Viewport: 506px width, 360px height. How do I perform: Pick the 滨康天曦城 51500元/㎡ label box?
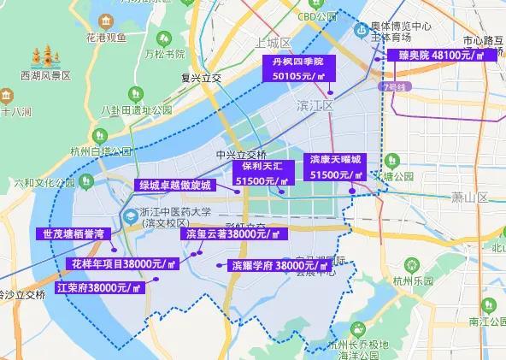pyautogui.click(x=336, y=167)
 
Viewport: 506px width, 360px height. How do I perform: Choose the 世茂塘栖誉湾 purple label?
pyautogui.click(x=74, y=233)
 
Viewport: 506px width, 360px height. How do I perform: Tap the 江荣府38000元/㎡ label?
pyautogui.click(x=97, y=287)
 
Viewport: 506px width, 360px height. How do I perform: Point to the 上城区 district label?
pyautogui.click(x=274, y=43)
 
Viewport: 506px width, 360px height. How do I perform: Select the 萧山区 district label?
pyautogui.click(x=469, y=197)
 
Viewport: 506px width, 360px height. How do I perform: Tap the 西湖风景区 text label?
pyautogui.click(x=44, y=76)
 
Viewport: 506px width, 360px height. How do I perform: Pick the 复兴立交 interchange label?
pyautogui.click(x=202, y=78)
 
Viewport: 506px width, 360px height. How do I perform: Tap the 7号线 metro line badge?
pyautogui.click(x=393, y=86)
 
